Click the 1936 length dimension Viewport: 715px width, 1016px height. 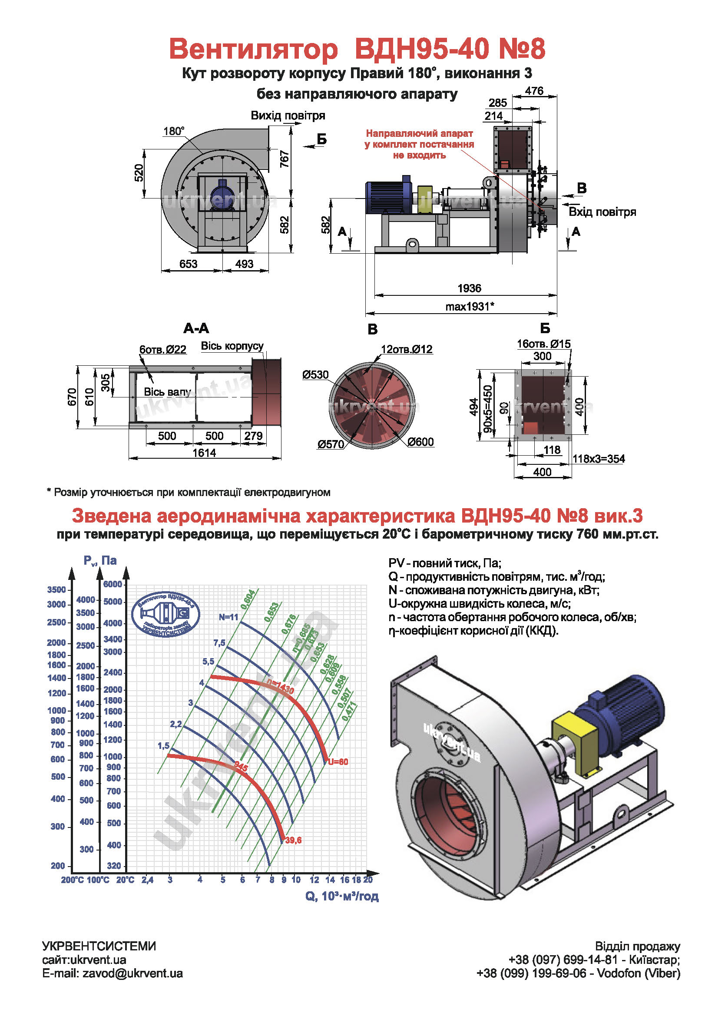click(x=469, y=288)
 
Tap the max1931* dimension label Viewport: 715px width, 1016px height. click(x=470, y=306)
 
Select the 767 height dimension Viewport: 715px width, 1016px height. click(x=285, y=159)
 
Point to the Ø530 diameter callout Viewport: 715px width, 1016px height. click(x=315, y=375)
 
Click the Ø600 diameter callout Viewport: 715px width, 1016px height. click(x=420, y=442)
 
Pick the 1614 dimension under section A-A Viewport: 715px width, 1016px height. click(x=204, y=453)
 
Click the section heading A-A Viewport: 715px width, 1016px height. click(x=196, y=328)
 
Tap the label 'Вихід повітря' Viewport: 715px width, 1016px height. click(x=288, y=116)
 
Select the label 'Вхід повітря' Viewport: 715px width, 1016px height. click(x=602, y=212)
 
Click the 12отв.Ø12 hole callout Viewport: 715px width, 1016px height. click(x=406, y=349)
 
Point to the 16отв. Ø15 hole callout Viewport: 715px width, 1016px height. click(x=543, y=344)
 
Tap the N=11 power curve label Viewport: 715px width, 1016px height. click(x=228, y=617)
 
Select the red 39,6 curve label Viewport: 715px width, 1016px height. click(x=293, y=841)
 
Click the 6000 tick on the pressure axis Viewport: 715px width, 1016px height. click(x=113, y=584)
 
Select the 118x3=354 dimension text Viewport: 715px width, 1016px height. click(x=598, y=459)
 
